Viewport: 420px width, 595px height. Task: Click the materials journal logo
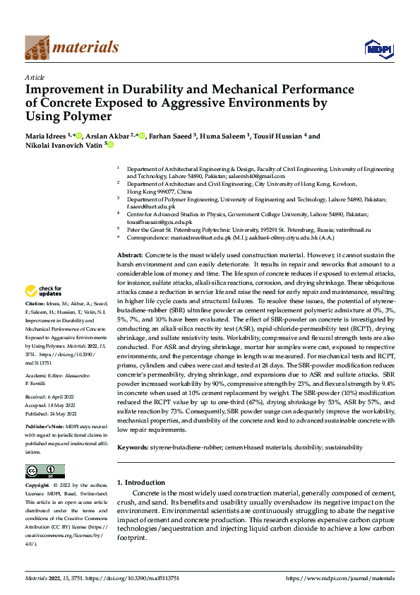pos(71,47)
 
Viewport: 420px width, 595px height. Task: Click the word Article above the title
pos(35,77)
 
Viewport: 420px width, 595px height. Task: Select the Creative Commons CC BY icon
pos(44,471)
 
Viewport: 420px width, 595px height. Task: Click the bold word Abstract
pos(130,254)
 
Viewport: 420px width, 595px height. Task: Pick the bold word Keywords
pos(132,447)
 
